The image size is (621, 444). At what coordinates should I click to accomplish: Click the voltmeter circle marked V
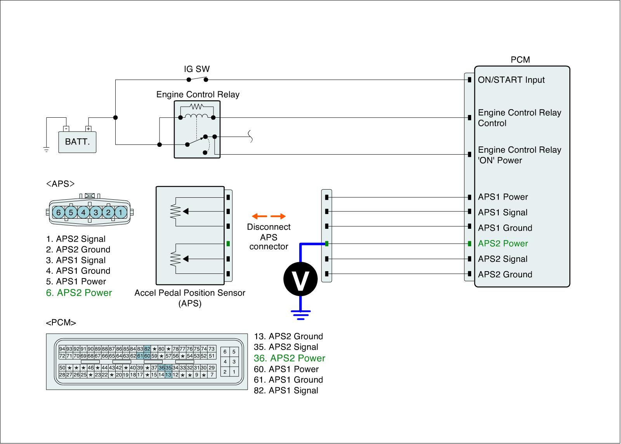click(300, 279)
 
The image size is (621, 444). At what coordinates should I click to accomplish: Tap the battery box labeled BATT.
click(77, 142)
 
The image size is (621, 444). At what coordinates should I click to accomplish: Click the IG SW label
click(197, 69)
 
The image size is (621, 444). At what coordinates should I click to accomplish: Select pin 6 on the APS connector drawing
click(59, 212)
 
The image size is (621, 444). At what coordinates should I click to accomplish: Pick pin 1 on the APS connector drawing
click(121, 212)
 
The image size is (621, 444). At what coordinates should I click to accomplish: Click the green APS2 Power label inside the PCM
click(503, 244)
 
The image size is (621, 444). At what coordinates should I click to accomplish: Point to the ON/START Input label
click(511, 80)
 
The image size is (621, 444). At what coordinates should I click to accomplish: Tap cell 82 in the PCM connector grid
click(147, 349)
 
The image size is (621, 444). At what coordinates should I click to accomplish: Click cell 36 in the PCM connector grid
click(161, 368)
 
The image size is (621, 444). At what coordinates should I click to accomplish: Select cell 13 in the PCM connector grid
click(168, 374)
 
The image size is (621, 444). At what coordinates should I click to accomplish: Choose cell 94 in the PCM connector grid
click(62, 349)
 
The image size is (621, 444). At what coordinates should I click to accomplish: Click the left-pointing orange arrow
click(260, 216)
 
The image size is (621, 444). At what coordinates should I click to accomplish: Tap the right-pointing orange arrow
click(278, 216)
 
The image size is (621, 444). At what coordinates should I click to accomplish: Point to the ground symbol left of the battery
click(46, 149)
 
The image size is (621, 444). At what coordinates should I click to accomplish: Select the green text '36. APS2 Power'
click(290, 358)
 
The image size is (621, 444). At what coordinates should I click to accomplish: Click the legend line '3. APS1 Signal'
click(76, 260)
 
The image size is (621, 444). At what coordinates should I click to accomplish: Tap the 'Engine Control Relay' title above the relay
click(198, 95)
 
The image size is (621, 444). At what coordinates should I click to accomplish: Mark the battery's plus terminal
click(88, 129)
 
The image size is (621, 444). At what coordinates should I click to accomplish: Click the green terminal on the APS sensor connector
click(228, 244)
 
